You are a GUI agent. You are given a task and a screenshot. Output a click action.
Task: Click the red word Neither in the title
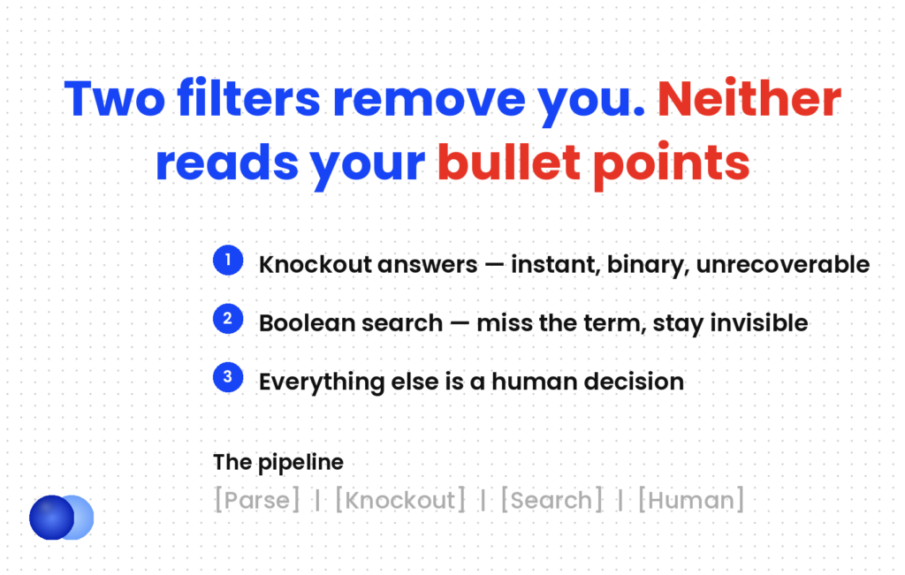[749, 99]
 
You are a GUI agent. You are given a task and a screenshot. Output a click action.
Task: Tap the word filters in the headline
[248, 99]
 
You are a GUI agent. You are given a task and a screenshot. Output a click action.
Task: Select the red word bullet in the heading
[508, 163]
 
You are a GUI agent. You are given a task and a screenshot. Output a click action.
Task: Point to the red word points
[672, 165]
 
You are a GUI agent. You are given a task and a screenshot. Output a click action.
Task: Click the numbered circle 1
[228, 260]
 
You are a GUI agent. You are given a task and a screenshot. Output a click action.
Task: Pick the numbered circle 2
[228, 319]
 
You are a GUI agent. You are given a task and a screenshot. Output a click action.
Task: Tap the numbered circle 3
[228, 378]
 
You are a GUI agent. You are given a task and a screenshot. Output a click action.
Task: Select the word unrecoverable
[783, 265]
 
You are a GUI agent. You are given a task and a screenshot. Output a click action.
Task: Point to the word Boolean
[302, 323]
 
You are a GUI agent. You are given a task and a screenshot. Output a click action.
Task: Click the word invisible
[759, 323]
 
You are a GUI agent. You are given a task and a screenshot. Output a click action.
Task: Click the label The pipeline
[278, 463]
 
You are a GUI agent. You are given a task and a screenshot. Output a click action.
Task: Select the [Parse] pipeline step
[257, 500]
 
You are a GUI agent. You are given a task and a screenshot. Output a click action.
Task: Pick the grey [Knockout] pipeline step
[400, 500]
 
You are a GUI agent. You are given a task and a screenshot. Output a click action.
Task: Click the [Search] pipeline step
[551, 500]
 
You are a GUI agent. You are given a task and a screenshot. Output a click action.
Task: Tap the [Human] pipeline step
[691, 500]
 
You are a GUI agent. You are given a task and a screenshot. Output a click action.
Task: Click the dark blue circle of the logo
[52, 518]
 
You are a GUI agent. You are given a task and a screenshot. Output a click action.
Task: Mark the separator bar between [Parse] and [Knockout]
[317, 501]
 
